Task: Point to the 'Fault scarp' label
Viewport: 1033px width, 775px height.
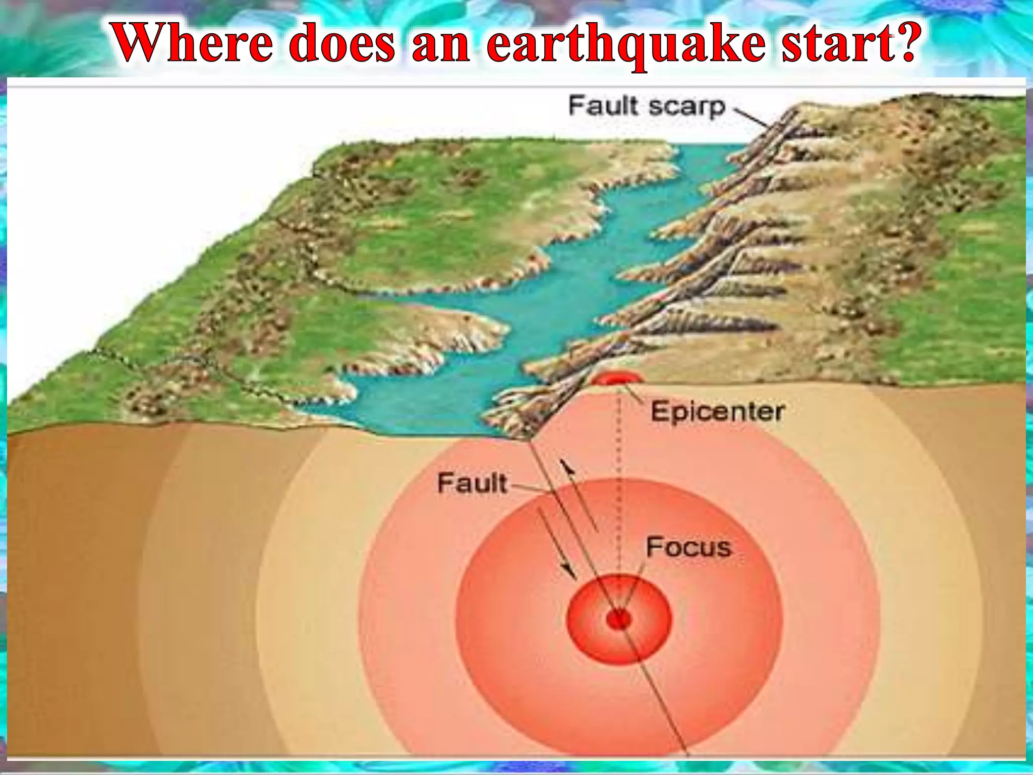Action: [x=647, y=106]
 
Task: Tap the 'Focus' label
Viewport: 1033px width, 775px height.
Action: [x=688, y=547]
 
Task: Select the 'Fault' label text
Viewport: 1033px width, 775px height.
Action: [x=472, y=483]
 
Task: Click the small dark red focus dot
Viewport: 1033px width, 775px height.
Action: [x=618, y=619]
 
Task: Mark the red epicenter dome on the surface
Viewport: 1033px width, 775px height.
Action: [x=617, y=378]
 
